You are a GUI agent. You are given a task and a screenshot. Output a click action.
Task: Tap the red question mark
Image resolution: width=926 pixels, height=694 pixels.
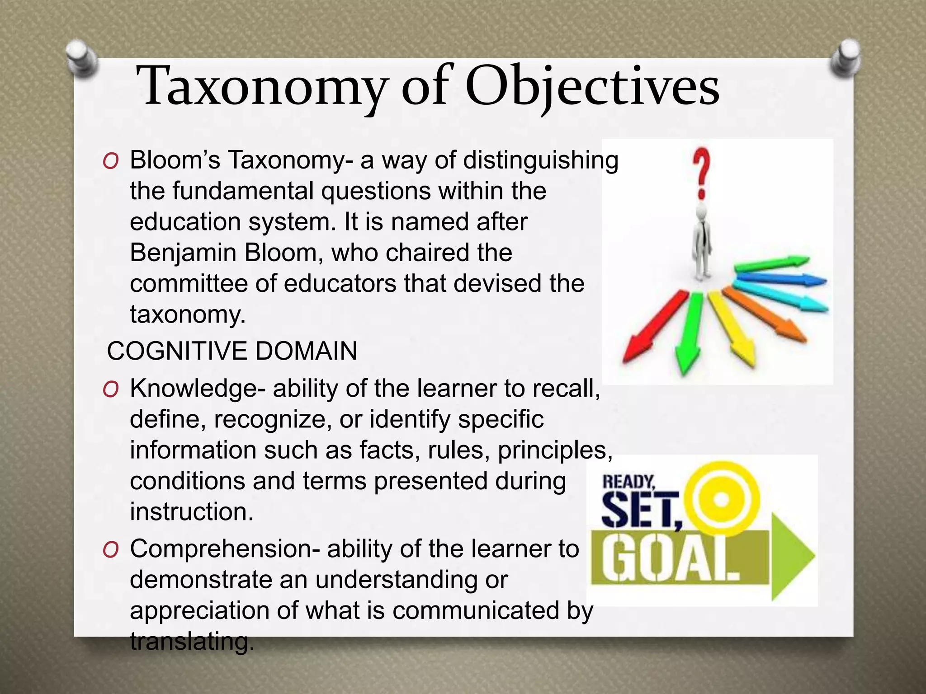coord(702,174)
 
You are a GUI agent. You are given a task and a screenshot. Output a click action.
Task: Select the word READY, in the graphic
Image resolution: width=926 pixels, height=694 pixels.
coord(628,482)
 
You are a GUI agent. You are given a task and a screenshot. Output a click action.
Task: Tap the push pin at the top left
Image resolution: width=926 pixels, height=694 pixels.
coord(81,59)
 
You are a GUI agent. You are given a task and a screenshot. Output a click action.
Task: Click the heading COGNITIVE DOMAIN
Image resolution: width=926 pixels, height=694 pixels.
coord(232,351)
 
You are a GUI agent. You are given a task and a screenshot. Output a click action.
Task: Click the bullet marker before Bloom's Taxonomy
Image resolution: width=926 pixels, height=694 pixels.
coord(111,161)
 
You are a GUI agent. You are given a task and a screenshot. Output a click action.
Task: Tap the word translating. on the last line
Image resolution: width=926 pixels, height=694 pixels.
coord(190,642)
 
